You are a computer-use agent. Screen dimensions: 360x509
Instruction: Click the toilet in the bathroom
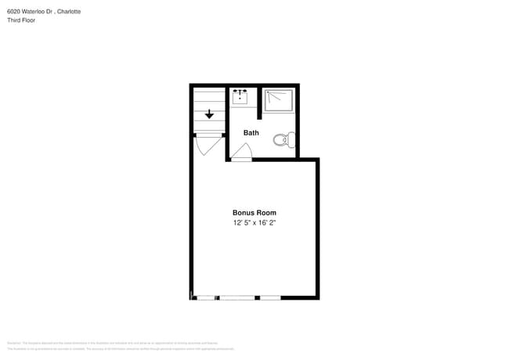point(283,140)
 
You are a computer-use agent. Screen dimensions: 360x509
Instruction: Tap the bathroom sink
point(240,96)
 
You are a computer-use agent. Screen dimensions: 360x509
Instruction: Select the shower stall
point(278,101)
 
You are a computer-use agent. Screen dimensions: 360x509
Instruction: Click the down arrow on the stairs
point(209,114)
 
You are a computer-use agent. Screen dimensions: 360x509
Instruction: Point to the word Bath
point(251,133)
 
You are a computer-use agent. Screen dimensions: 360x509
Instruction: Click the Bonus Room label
point(254,213)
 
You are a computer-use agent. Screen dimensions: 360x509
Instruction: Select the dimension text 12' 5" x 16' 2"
point(254,223)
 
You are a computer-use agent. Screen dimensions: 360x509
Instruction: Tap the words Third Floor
point(21,20)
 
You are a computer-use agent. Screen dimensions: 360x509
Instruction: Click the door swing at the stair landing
point(207,145)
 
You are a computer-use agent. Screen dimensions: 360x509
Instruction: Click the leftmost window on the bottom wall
point(207,297)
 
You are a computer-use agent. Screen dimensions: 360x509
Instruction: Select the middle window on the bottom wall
point(237,297)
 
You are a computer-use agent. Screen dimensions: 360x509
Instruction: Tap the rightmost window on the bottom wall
point(270,297)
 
